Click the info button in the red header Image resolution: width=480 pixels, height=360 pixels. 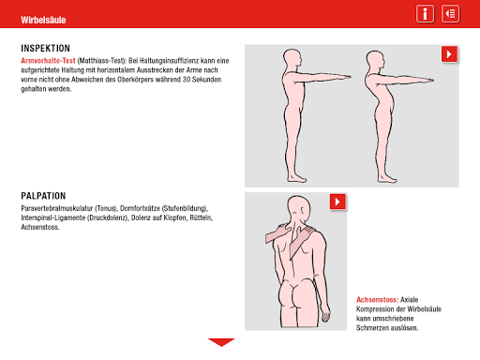[425, 14]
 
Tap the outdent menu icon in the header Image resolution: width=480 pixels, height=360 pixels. [450, 14]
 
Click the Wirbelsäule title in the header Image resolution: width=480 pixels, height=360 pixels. [43, 20]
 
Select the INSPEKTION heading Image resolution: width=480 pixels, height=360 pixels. [46, 48]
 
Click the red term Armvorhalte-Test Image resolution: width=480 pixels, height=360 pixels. [48, 61]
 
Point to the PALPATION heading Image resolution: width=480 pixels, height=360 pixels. [43, 196]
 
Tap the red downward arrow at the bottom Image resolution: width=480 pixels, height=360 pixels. [221, 342]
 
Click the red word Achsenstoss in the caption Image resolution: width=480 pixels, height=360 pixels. [377, 300]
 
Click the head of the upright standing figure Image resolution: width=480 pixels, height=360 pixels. [293, 59]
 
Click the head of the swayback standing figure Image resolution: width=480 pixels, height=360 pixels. [375, 61]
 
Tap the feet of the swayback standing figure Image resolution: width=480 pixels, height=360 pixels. [387, 178]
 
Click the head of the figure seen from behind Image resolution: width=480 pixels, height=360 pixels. [299, 208]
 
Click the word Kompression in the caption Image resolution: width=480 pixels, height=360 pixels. [373, 309]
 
